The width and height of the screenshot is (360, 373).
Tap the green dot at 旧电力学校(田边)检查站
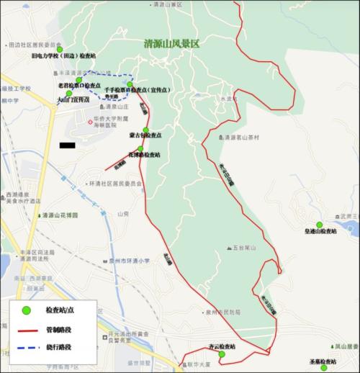[70, 49]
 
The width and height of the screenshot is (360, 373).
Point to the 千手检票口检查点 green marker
[130, 84]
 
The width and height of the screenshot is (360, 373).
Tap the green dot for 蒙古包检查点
[145, 130]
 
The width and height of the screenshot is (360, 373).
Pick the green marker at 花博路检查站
[140, 149]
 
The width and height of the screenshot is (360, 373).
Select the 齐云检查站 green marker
[222, 354]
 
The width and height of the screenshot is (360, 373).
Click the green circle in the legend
[25, 310]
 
